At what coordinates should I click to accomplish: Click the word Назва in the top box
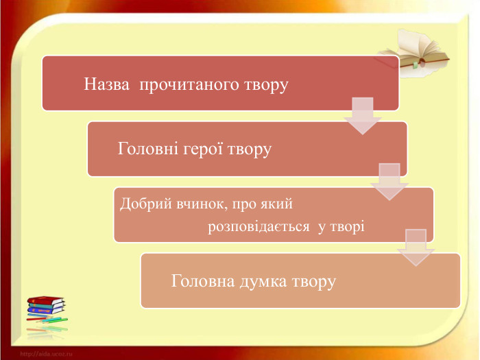(106, 84)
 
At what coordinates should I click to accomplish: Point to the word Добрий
(145, 204)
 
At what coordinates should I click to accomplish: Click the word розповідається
(259, 227)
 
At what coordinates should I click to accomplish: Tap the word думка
(263, 282)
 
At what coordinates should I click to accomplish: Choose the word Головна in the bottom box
(203, 281)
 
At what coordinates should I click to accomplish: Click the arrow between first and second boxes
(363, 116)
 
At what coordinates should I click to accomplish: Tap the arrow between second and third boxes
(389, 182)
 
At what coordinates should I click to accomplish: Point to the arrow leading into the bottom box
(416, 248)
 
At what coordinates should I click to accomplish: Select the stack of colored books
(46, 305)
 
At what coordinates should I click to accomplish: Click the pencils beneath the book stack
(47, 319)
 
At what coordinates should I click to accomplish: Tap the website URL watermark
(46, 355)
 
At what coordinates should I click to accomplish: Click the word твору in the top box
(266, 86)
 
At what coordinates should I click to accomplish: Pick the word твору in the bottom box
(314, 283)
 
